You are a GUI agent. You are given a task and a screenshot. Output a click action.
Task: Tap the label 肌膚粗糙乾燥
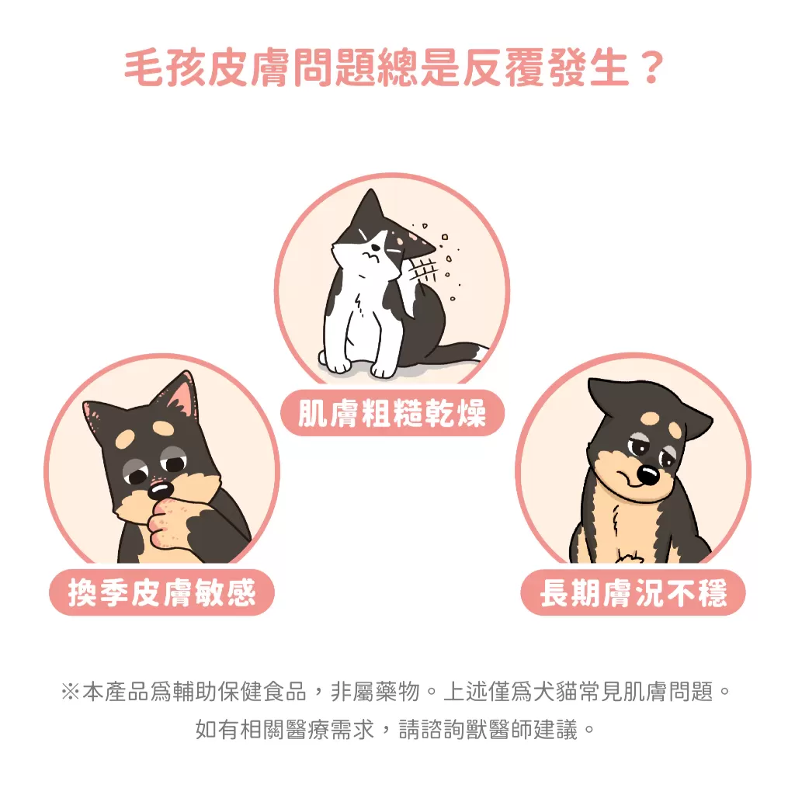click(x=392, y=413)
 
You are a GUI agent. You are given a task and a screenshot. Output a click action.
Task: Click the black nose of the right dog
click(x=647, y=474)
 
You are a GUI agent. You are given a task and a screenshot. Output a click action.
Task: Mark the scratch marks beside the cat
click(x=423, y=273)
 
